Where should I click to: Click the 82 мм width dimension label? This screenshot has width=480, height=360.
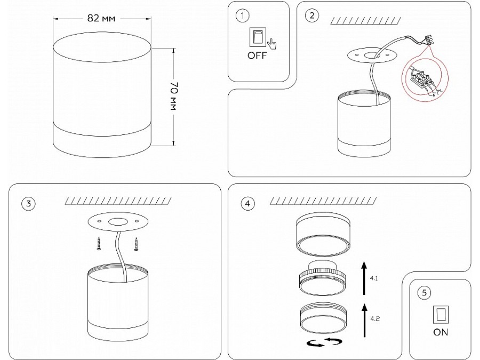(101, 18)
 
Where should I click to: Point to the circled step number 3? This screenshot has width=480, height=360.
(28, 203)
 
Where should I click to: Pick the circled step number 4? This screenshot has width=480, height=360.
(246, 203)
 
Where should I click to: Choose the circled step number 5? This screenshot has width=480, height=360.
(424, 292)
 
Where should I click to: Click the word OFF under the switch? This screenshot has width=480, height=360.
(257, 55)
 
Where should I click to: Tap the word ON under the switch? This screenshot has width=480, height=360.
(441, 332)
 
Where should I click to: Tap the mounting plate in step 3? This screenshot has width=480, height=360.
(116, 222)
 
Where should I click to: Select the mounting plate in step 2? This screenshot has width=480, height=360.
(372, 54)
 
